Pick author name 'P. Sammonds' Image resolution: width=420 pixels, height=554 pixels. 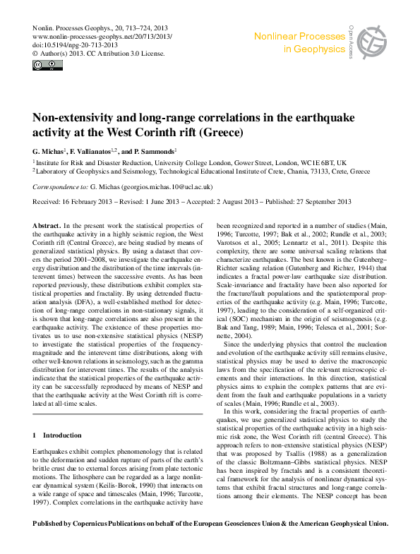[x=151, y=152]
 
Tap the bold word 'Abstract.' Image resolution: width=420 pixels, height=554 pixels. [x=47, y=224]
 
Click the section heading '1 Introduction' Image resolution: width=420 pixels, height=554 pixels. [x=57, y=435]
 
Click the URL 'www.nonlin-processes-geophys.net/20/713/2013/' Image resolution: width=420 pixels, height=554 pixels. [x=102, y=35]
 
